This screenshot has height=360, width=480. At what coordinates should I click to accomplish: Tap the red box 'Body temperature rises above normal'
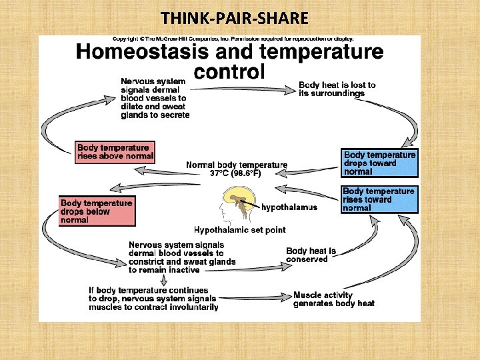[115, 152]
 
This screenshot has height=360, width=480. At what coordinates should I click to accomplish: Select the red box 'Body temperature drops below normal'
[97, 211]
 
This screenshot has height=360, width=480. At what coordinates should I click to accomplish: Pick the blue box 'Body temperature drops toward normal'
[379, 163]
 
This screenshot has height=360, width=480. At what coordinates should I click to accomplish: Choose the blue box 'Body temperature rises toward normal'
[379, 199]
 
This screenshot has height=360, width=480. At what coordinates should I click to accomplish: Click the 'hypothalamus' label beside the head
[289, 207]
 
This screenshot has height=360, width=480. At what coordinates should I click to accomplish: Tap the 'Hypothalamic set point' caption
[239, 230]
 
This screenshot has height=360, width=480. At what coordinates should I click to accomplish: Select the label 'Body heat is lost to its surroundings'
[337, 89]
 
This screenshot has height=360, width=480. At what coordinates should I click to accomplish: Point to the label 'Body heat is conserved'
[311, 255]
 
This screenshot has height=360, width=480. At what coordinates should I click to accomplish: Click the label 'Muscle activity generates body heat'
[334, 299]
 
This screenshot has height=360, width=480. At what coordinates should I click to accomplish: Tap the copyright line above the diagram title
[233, 38]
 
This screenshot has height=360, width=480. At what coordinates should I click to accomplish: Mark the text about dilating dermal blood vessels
[155, 98]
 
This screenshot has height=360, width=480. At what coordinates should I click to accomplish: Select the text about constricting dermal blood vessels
[181, 257]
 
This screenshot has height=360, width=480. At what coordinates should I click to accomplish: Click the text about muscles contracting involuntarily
[153, 299]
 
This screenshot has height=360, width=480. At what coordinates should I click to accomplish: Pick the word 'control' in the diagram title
[229, 71]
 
